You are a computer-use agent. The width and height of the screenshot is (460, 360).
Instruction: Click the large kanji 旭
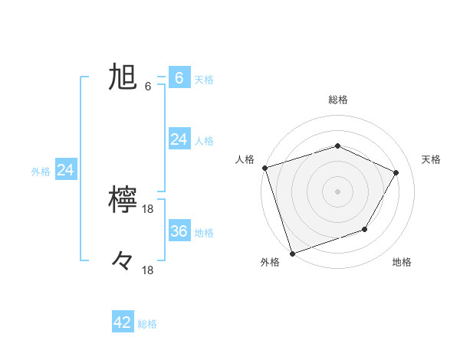coord(122,78)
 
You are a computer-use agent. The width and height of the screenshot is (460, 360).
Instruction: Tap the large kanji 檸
coord(123,201)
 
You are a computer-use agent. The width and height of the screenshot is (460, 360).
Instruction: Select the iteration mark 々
coord(123,262)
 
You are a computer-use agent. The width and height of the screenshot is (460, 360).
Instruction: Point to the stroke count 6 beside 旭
coord(148,87)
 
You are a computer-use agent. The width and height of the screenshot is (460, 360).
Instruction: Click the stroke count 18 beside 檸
coord(148,209)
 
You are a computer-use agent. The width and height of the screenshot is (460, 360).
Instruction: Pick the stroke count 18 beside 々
coord(148,270)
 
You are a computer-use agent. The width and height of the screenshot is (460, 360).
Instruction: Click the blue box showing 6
coord(179,78)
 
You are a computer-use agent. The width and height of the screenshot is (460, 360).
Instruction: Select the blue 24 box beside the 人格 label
coord(179,139)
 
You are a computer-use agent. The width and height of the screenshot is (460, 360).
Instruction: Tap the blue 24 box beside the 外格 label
coord(66,170)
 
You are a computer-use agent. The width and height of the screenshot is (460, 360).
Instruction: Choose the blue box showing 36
coord(179,231)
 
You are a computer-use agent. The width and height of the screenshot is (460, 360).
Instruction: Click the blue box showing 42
coord(123,322)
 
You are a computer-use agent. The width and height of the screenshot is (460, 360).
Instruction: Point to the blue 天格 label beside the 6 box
coord(204,79)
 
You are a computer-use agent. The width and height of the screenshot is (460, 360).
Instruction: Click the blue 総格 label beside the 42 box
coord(147,324)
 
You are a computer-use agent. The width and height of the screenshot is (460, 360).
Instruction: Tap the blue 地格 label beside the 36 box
coord(204,232)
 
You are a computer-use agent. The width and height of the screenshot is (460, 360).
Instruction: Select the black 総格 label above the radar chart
coord(337,100)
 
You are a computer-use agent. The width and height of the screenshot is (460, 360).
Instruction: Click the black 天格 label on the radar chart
coord(432,159)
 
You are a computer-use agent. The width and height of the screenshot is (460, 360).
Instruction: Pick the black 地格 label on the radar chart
coord(402,262)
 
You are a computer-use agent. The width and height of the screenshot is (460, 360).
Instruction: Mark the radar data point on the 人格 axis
coord(264,168)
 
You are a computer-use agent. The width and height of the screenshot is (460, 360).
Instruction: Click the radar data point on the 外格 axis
coord(292,253)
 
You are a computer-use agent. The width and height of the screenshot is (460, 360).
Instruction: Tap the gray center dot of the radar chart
coord(337,191)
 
